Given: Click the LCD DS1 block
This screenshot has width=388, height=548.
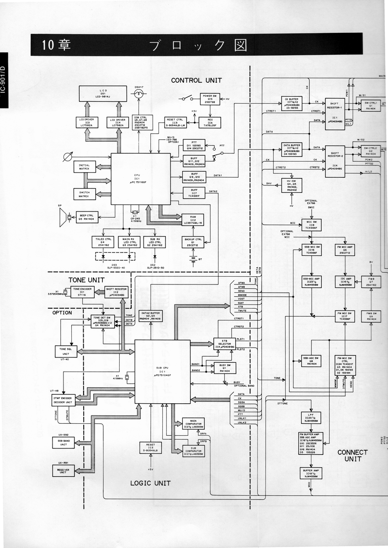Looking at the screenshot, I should click(x=99, y=94).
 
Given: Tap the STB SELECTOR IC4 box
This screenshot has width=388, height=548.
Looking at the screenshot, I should click(x=224, y=344).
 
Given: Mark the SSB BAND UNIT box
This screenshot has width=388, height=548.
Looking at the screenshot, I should click(x=63, y=442).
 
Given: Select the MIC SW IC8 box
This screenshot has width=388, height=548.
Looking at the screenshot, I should click(x=311, y=224).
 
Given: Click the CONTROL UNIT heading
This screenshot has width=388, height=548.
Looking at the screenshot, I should click(x=196, y=80).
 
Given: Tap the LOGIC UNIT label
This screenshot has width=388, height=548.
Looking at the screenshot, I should click(x=150, y=483).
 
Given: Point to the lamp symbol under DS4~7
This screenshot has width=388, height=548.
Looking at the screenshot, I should click(x=138, y=94).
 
